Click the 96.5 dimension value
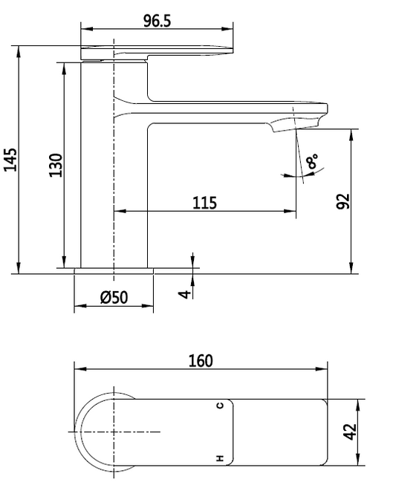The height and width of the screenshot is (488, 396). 158,21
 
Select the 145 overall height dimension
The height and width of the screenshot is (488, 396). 10,160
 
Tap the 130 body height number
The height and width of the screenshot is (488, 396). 56,165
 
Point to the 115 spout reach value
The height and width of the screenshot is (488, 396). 204,203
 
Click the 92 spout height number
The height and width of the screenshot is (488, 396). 344,201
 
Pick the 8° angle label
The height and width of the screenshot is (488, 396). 312,161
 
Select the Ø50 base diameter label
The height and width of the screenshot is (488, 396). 114,297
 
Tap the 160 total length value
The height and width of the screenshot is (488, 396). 201,361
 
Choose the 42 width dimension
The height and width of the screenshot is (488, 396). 350,432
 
